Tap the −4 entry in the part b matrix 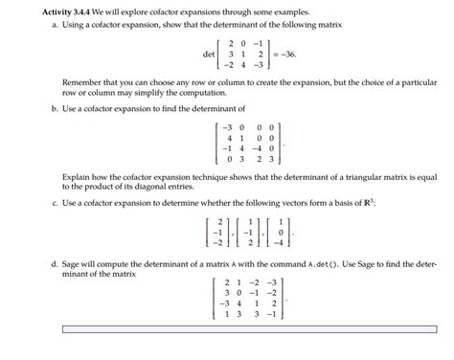point(258,148)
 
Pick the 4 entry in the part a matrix point(244,66)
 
